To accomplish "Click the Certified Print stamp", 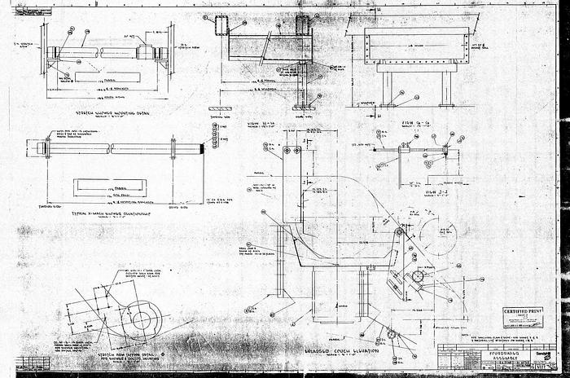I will coord(522,314).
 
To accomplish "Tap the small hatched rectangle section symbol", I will coord(220,108).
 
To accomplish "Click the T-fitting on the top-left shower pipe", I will coord(148,50).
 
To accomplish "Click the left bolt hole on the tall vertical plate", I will coord(286,152).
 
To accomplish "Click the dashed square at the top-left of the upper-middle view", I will coord(221,24).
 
